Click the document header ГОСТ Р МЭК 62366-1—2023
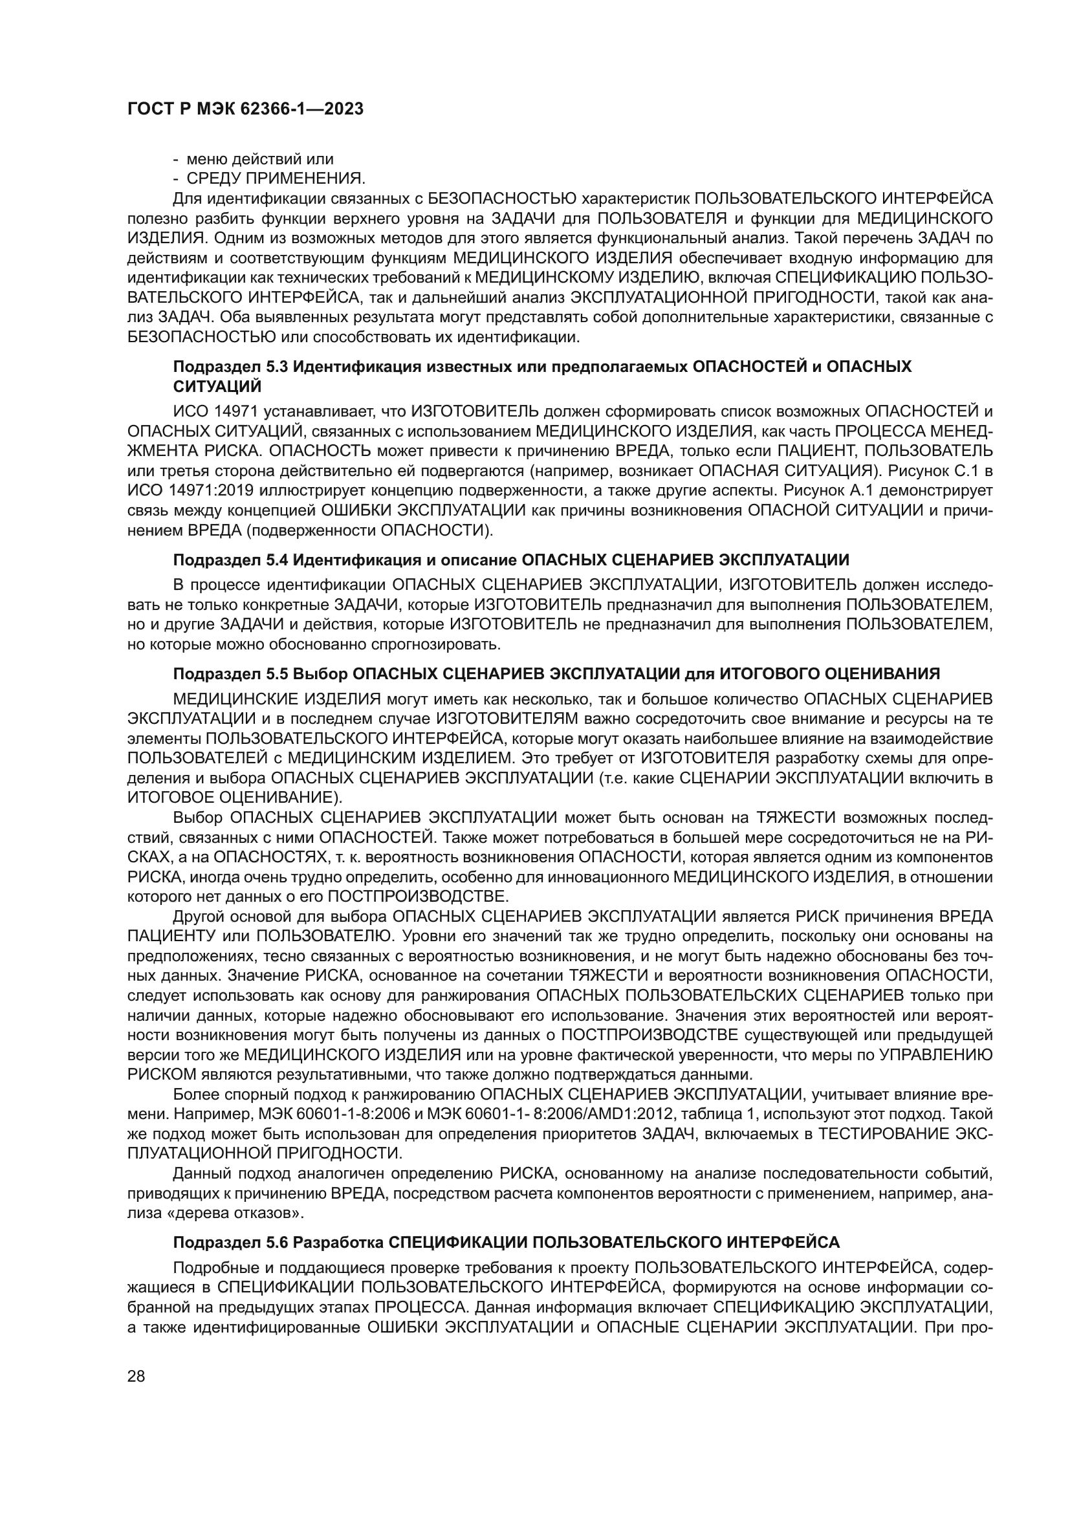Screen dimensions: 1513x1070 245,109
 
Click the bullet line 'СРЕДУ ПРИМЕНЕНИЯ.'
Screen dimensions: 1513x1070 276,179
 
